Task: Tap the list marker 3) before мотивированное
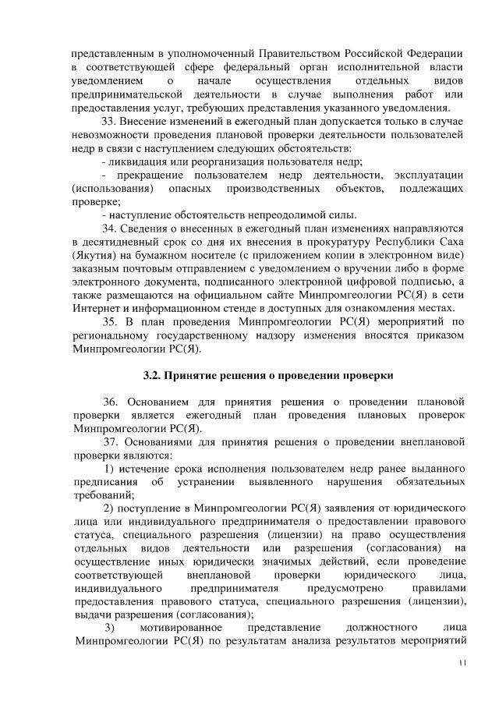111,628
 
